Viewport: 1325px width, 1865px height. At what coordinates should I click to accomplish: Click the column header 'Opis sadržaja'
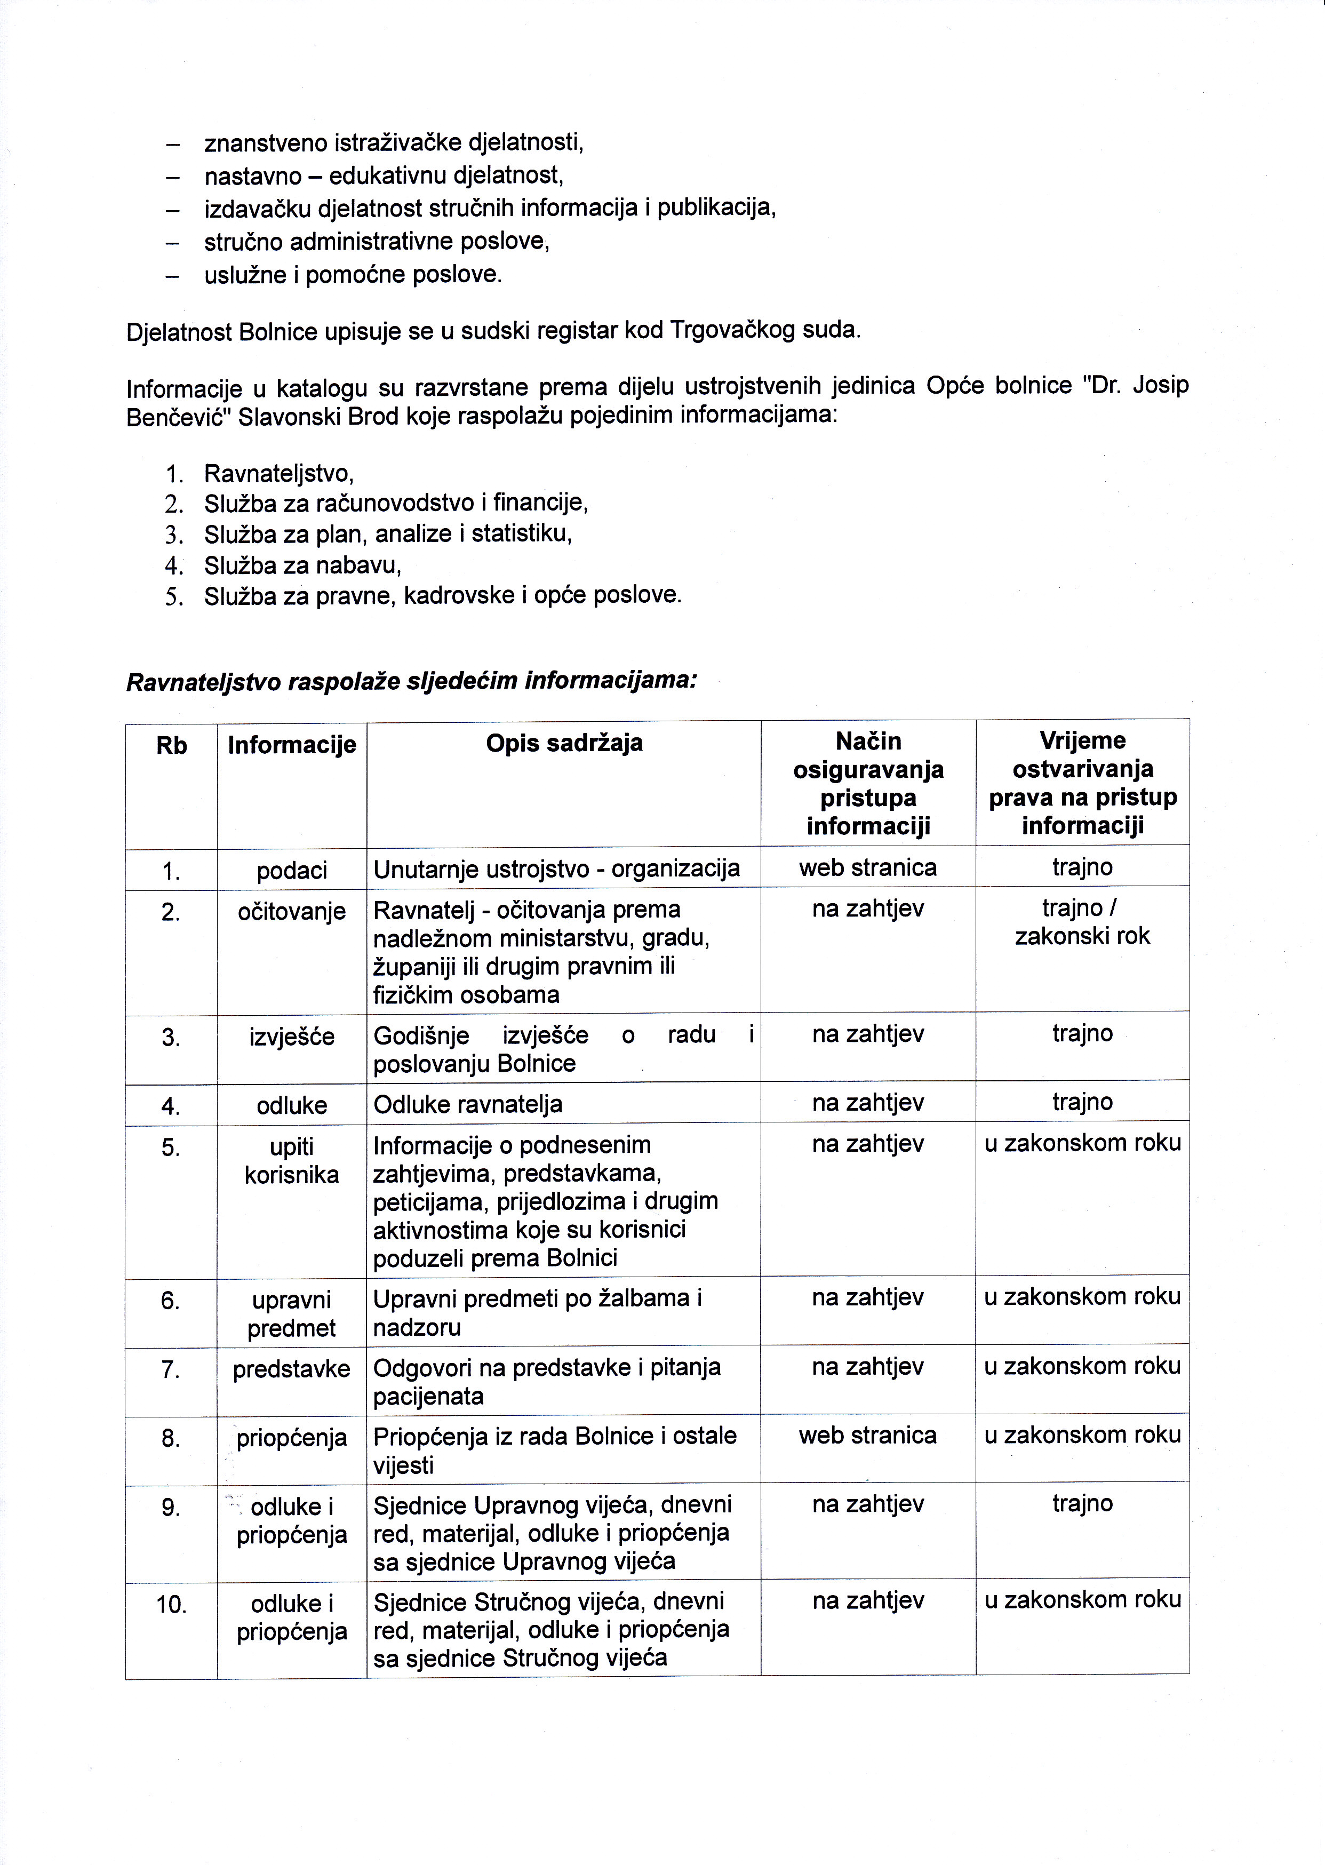pos(564,743)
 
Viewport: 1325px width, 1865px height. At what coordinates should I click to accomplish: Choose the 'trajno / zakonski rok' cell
pos(1082,922)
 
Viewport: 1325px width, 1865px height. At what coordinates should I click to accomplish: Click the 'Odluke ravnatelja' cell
pos(467,1105)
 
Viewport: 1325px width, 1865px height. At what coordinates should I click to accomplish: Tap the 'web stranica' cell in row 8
pos(867,1435)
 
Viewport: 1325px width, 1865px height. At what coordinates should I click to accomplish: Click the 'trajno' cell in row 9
pos(1082,1504)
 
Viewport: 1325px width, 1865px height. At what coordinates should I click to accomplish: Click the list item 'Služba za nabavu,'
pos(302,564)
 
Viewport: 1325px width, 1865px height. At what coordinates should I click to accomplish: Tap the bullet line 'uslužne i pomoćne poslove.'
pos(353,275)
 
